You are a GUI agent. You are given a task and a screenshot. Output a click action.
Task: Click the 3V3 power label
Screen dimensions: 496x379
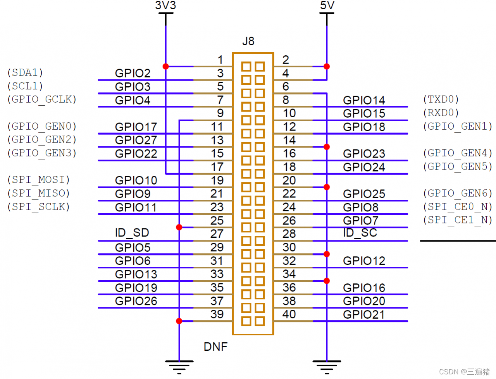click(x=165, y=5)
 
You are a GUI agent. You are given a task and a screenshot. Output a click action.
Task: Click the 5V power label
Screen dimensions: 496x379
click(x=327, y=5)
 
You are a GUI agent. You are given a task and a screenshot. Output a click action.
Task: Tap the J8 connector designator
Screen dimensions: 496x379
click(x=248, y=41)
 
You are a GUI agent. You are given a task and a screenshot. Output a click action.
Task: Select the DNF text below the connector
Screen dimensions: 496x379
click(x=215, y=346)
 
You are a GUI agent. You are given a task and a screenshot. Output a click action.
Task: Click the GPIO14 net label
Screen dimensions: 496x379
click(x=364, y=100)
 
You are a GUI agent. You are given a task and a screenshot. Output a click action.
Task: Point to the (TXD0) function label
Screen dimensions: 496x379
click(x=441, y=99)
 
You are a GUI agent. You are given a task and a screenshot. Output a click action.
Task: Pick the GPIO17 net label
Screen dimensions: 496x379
click(x=136, y=127)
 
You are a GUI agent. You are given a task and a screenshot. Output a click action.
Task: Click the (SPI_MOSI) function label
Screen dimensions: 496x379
click(x=38, y=180)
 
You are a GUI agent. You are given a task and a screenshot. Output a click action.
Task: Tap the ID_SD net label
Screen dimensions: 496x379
click(x=132, y=233)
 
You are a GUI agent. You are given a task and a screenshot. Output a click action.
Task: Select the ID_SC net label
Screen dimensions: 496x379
click(x=360, y=233)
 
